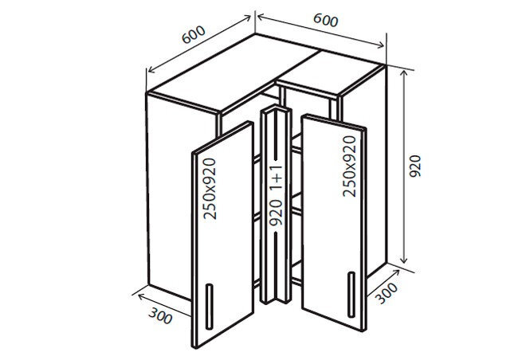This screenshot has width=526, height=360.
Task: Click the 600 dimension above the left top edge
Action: [193, 34]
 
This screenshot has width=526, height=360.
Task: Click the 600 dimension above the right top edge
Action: [325, 20]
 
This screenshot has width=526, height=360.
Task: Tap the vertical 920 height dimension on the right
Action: [415, 166]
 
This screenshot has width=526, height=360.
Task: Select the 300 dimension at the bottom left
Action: [161, 315]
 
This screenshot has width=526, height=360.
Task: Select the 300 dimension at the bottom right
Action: [386, 293]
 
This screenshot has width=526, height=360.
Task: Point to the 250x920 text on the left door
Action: [210, 189]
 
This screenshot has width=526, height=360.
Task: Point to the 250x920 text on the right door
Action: [350, 166]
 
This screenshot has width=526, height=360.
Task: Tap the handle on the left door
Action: [209, 307]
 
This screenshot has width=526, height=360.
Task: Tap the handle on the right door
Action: [351, 295]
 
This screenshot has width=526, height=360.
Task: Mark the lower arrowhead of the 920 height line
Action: [404, 260]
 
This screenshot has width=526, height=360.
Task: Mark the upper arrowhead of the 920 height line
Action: [404, 74]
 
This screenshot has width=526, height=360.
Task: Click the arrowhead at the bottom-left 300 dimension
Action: [141, 296]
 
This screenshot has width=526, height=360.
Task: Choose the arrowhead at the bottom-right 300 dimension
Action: [395, 273]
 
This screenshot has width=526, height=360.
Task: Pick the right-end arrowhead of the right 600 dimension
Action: [380, 45]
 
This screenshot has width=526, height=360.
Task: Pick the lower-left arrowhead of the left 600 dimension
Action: [151, 69]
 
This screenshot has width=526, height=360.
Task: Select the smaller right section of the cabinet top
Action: [328, 74]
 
